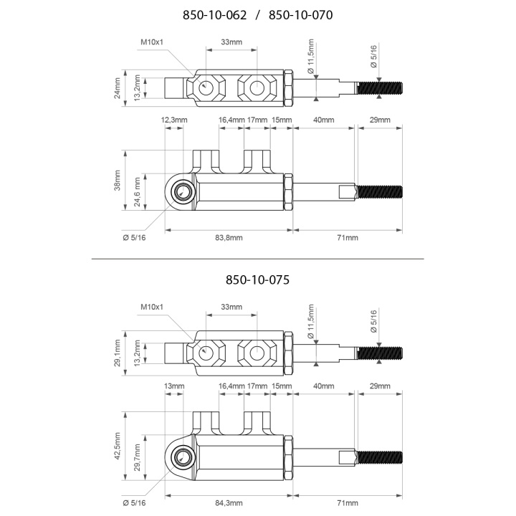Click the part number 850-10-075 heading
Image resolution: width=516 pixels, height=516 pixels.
(258, 280)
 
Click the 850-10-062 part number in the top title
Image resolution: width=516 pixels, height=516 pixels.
(214, 15)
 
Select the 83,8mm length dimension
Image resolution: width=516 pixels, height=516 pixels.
(229, 238)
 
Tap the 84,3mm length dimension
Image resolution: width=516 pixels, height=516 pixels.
(229, 503)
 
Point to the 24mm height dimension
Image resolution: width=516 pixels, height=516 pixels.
(118, 88)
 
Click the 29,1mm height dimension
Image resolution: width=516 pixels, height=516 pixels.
(118, 353)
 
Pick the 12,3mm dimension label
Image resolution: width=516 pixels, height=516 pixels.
(174, 120)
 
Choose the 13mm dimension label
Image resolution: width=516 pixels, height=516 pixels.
(174, 386)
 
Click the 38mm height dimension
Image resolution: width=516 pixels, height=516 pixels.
(118, 181)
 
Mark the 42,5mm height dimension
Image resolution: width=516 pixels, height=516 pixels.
(118, 446)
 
